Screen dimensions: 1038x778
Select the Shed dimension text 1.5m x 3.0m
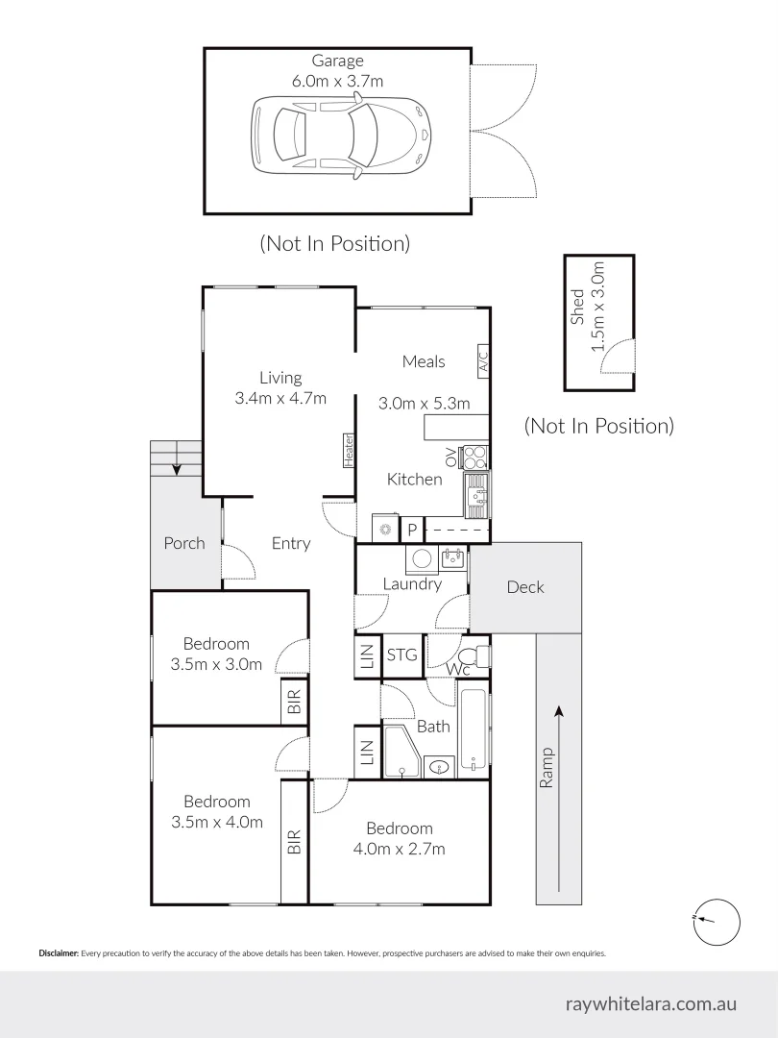click(598, 306)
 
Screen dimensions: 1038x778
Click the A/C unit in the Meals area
click(483, 360)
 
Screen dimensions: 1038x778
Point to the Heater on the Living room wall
click(349, 450)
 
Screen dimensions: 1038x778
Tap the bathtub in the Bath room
click(473, 729)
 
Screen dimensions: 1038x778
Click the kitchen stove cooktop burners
click(475, 457)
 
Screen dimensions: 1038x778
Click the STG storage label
click(402, 655)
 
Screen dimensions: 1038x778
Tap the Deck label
click(525, 587)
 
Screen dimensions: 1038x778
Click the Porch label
click(183, 543)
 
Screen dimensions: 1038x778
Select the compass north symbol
click(716, 920)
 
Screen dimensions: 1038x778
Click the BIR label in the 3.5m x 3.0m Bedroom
click(294, 703)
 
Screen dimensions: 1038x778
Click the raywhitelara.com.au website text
click(652, 1003)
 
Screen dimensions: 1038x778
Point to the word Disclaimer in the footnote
click(59, 953)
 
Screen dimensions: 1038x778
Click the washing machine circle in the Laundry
click(421, 558)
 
